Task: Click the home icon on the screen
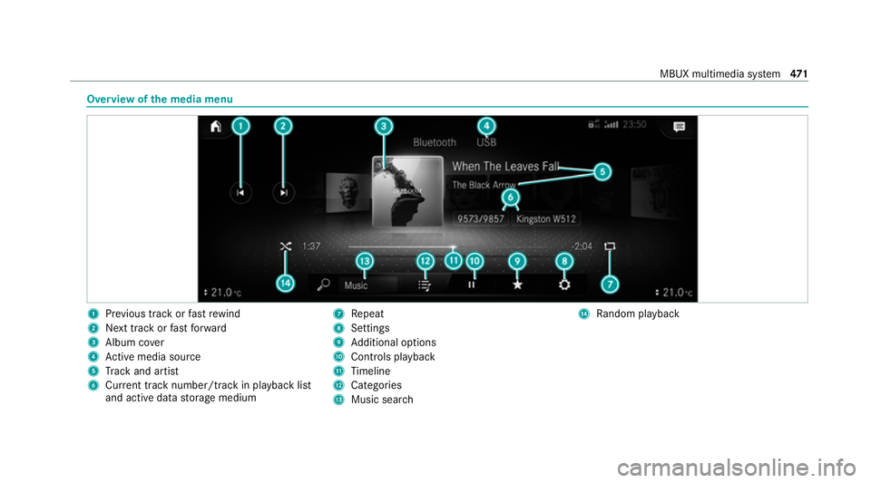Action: [x=216, y=127]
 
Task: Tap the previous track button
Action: [x=240, y=192]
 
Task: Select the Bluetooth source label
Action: [x=435, y=142]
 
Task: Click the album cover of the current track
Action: [x=407, y=192]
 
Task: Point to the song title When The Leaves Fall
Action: [x=505, y=167]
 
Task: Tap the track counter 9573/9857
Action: [x=481, y=219]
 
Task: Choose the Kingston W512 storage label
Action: [x=546, y=219]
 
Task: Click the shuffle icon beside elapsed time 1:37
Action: [x=286, y=246]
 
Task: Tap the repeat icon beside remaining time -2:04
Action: [x=610, y=246]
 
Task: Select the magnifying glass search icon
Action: [x=323, y=285]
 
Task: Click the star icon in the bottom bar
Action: [x=517, y=285]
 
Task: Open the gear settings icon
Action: [x=564, y=285]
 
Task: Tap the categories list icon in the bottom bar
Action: [x=425, y=285]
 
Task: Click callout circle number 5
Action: [x=602, y=172]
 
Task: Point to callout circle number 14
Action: [x=286, y=284]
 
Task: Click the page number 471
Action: [x=798, y=73]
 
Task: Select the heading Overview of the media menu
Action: [x=160, y=100]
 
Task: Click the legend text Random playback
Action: [x=638, y=314]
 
